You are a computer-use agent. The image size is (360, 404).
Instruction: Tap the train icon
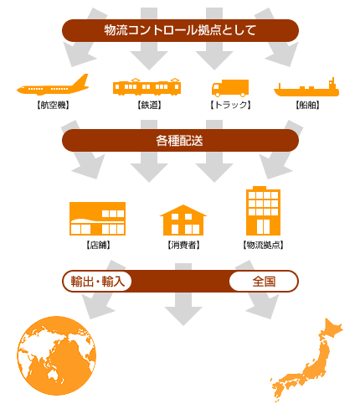[147, 87]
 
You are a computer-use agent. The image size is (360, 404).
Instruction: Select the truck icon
[230, 88]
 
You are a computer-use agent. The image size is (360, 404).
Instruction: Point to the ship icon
[306, 88]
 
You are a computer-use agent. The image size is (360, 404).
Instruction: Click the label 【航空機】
[53, 105]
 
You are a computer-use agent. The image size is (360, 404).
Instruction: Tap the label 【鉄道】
[149, 105]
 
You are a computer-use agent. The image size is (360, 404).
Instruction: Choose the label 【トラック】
[230, 105]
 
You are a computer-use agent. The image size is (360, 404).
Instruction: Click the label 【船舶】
[307, 105]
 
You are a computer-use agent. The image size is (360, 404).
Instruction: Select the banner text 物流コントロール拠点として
[180, 30]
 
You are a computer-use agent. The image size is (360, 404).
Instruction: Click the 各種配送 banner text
[179, 141]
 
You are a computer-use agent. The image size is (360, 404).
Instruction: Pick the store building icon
[97, 219]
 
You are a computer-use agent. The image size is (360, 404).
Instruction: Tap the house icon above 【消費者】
[183, 220]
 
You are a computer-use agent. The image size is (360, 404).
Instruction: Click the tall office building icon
[263, 211]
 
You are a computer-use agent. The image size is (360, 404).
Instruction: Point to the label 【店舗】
[98, 245]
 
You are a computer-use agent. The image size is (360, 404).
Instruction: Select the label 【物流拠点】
[263, 245]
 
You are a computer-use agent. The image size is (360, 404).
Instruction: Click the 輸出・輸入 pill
[97, 281]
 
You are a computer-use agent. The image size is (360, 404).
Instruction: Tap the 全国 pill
[264, 281]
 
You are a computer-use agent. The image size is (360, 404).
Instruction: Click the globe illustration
[57, 355]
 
